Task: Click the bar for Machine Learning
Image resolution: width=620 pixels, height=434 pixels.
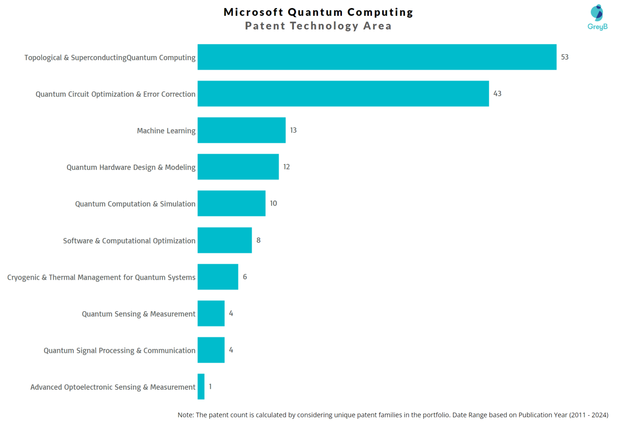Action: click(241, 130)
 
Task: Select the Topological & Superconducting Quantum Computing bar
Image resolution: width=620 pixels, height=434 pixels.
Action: click(377, 57)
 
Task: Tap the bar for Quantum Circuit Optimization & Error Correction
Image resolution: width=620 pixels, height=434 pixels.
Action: click(343, 94)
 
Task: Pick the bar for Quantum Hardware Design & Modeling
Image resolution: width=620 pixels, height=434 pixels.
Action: click(238, 167)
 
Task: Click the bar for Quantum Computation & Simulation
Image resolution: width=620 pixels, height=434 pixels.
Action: click(231, 203)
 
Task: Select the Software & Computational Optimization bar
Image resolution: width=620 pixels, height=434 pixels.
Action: click(224, 240)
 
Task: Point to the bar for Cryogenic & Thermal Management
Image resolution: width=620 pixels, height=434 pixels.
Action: click(218, 277)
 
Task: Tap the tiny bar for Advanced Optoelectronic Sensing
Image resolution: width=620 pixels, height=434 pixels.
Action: click(201, 387)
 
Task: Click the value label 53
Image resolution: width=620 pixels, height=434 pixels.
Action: click(565, 57)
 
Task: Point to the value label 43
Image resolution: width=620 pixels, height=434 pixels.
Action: click(497, 94)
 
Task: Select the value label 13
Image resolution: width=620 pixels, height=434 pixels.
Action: click(293, 130)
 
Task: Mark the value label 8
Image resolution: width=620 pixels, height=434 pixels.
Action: click(258, 240)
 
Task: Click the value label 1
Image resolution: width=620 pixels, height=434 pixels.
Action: click(210, 387)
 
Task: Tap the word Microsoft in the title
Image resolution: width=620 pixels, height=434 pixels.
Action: click(253, 12)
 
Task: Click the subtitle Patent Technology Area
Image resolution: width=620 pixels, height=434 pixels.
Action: click(318, 26)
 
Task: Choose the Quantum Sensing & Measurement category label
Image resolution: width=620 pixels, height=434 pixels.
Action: click(138, 314)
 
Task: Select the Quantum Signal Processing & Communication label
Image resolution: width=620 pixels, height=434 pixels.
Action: click(119, 350)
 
